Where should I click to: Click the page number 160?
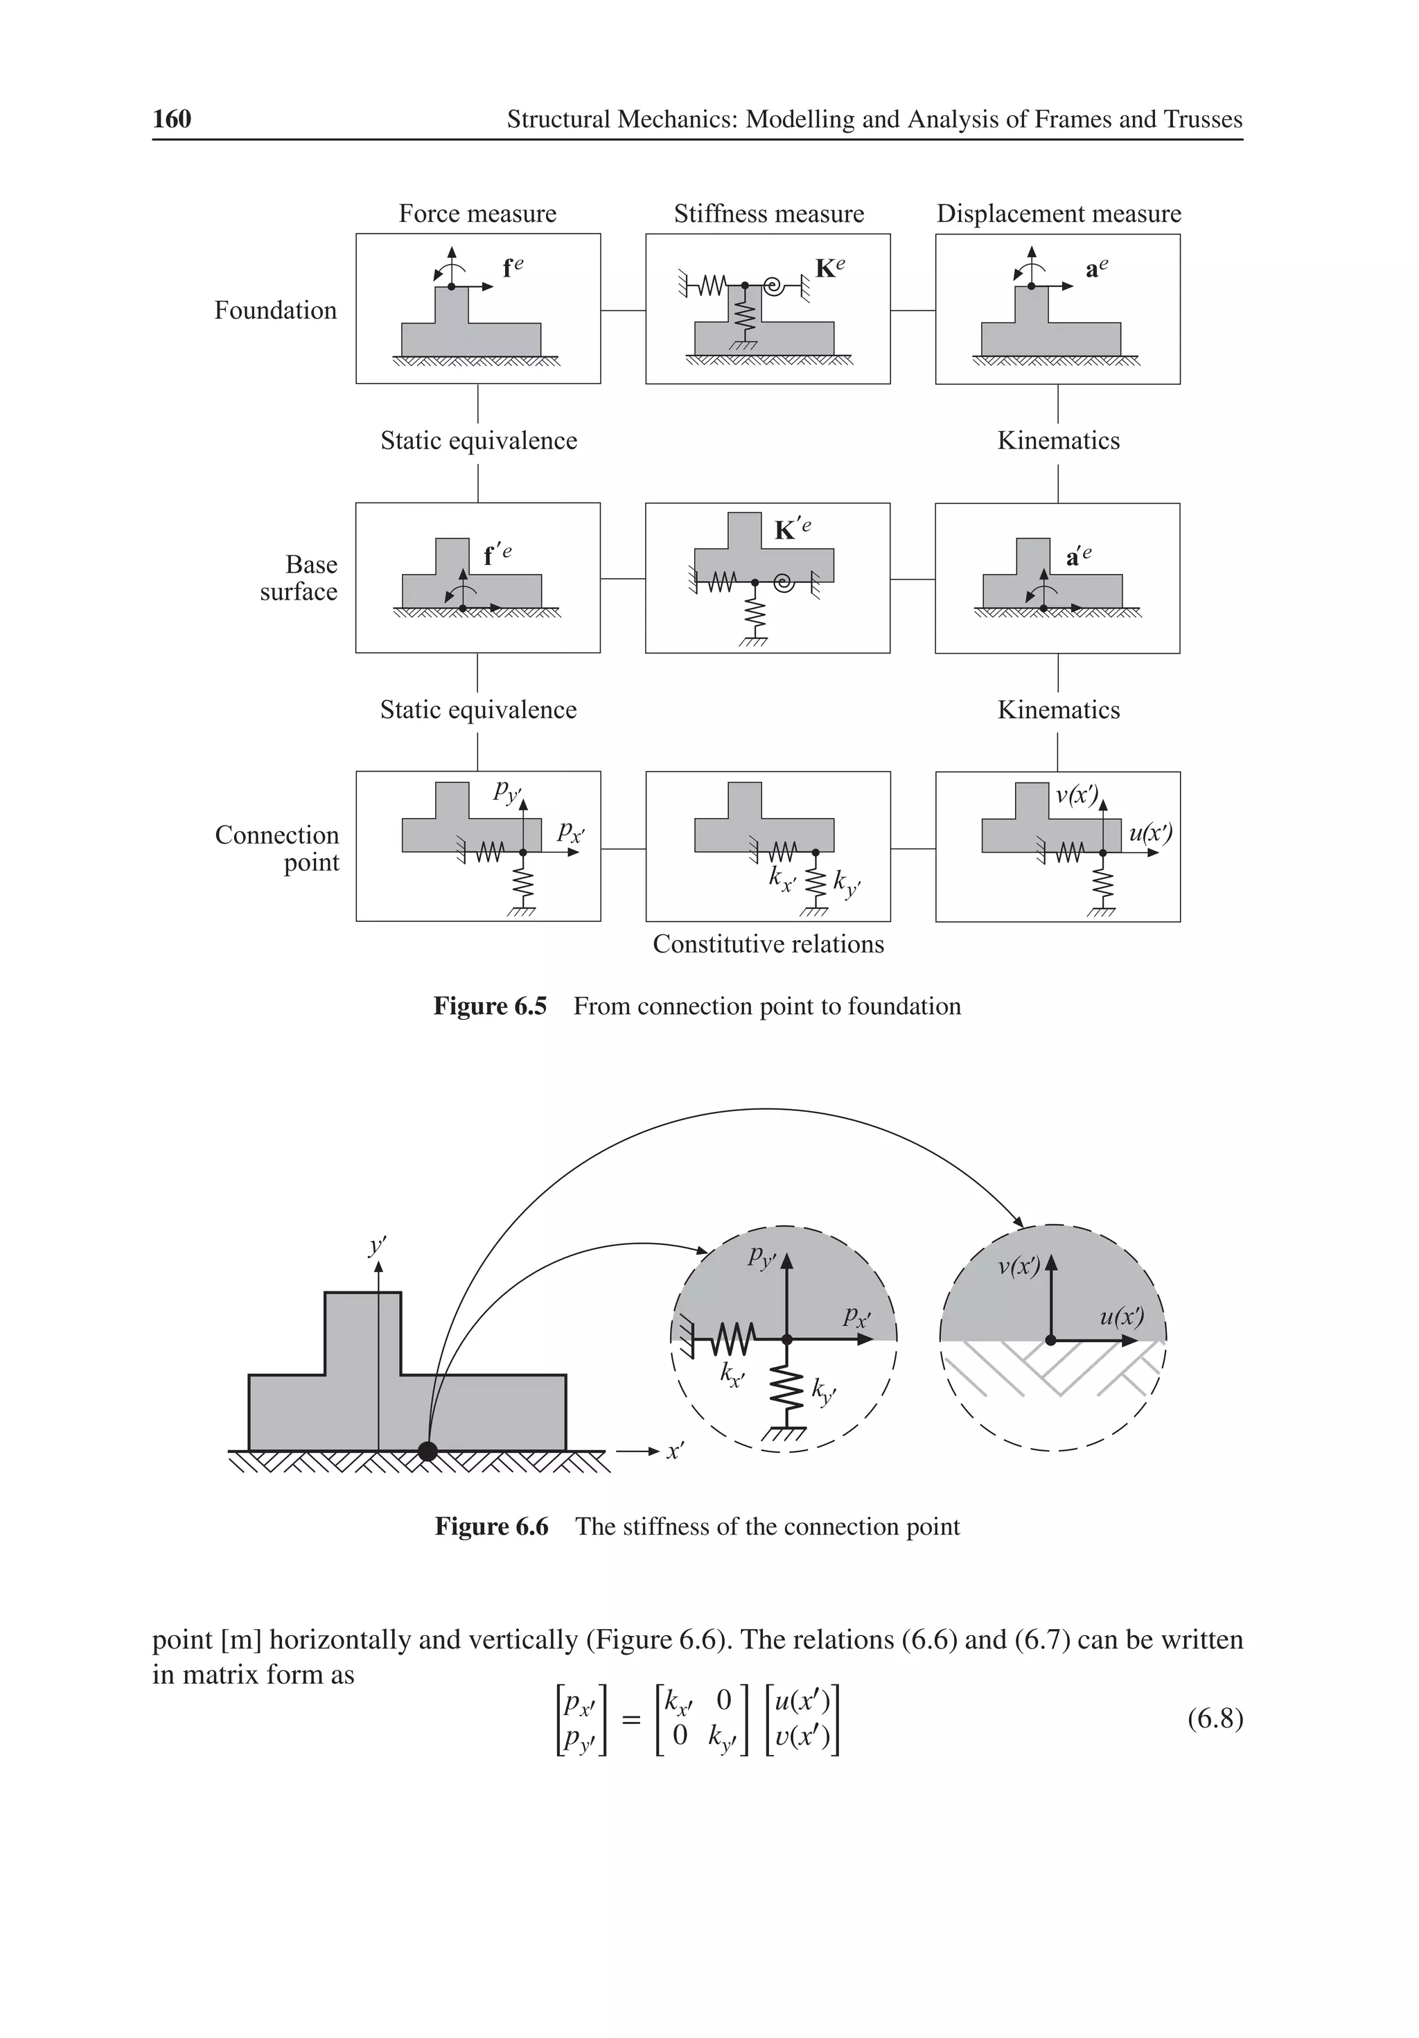[171, 119]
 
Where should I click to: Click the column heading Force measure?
[477, 214]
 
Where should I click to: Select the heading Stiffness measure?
[768, 214]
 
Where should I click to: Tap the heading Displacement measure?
[1058, 214]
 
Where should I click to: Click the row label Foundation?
[275, 311]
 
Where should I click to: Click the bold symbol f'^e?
[496, 555]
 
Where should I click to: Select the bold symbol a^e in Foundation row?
[1096, 269]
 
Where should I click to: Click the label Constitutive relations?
[768, 944]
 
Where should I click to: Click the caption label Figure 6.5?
[489, 1007]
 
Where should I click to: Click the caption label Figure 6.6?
[491, 1526]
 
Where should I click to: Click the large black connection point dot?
[428, 1452]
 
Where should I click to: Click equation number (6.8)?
[1214, 1718]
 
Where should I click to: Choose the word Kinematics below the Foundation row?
[1058, 441]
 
